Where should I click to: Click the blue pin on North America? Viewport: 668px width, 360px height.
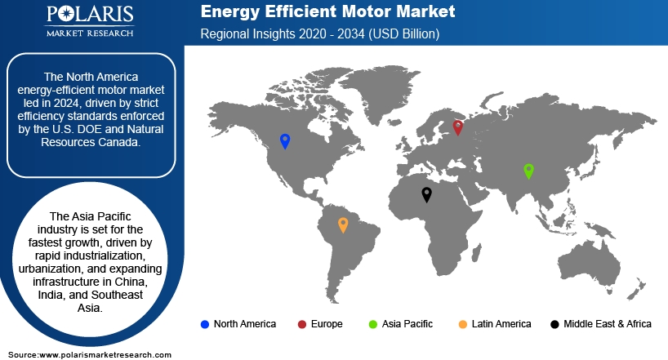point(285,140)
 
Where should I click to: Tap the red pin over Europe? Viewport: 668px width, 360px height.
point(457,127)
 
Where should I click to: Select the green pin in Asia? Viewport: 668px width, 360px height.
point(528,171)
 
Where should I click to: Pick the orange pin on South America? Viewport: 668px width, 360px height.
point(343,224)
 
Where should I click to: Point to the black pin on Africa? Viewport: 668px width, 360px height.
point(426,193)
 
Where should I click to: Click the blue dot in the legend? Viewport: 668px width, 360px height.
point(205,325)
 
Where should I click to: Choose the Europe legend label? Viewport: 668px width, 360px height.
point(327,324)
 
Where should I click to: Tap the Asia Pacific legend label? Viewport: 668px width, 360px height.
point(407,324)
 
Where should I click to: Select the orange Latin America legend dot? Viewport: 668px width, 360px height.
point(463,325)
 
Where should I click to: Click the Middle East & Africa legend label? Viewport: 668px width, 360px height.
point(608,324)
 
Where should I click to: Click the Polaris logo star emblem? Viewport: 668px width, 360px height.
point(67,14)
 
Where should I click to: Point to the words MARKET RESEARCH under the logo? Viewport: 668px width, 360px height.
point(90,33)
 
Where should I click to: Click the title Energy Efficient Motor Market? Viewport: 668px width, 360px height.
point(327,11)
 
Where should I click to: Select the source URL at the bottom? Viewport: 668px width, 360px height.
point(105,355)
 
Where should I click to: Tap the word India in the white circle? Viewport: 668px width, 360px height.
point(51,295)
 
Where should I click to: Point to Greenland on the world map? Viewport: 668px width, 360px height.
point(374,90)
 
